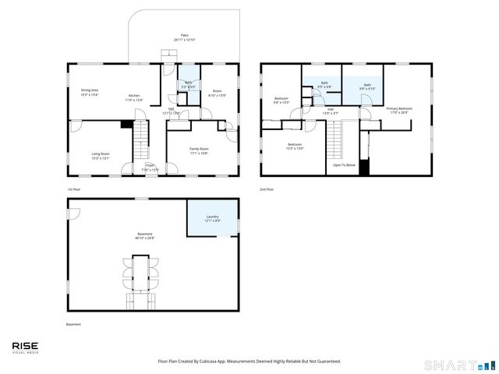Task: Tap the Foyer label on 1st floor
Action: (149, 166)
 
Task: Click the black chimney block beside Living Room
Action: (126, 123)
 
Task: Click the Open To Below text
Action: (344, 165)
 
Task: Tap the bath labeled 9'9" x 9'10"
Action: (367, 86)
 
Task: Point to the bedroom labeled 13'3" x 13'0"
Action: (295, 146)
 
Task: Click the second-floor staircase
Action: (334, 140)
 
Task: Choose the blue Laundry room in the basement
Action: (212, 218)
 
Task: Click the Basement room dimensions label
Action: (145, 238)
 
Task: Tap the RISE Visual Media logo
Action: (25, 347)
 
